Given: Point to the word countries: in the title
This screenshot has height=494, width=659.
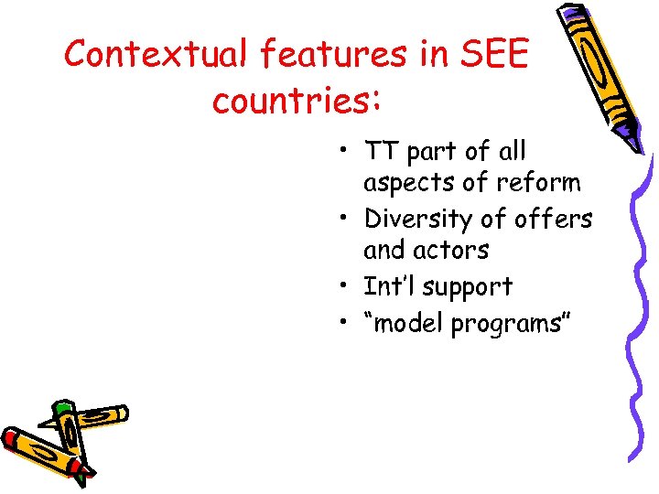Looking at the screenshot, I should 296,100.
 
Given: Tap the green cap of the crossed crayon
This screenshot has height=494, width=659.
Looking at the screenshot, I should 61,408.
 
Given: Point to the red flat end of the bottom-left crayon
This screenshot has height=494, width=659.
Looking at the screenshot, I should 11,440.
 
